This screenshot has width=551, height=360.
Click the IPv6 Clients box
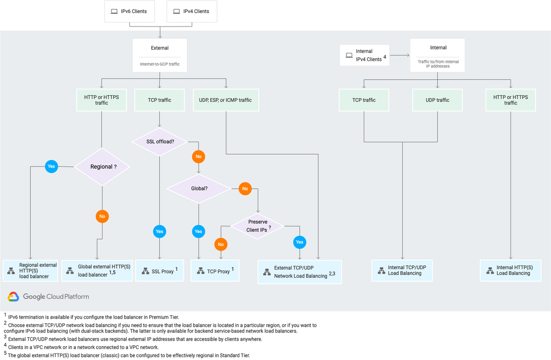click(130, 11)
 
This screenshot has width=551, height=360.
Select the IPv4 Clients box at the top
click(192, 11)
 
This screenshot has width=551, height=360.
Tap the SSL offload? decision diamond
click(160, 142)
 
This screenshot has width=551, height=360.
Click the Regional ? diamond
click(102, 167)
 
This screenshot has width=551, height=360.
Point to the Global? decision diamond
click(199, 189)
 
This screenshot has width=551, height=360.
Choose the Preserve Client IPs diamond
click(257, 226)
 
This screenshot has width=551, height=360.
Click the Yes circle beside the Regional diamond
click(51, 166)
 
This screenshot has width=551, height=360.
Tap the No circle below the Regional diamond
click(102, 216)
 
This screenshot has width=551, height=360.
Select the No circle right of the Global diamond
click(245, 189)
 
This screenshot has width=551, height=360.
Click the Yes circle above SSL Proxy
click(159, 231)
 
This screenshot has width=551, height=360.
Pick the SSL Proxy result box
click(160, 271)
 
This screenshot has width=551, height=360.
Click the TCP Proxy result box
click(215, 271)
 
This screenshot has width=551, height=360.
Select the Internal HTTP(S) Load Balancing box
click(511, 270)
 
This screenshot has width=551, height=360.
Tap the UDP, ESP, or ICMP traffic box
click(226, 100)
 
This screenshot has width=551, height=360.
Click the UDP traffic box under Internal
click(437, 100)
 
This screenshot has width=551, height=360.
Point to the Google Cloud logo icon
click(13, 297)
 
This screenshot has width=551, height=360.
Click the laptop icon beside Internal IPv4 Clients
click(349, 56)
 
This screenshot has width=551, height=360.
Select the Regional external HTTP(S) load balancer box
click(30, 271)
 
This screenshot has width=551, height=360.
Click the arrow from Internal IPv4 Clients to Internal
click(400, 56)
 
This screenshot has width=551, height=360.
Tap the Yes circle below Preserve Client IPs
click(300, 242)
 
